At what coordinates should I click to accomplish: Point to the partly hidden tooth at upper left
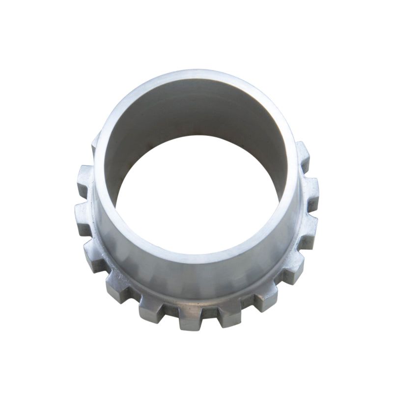[95, 145]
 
